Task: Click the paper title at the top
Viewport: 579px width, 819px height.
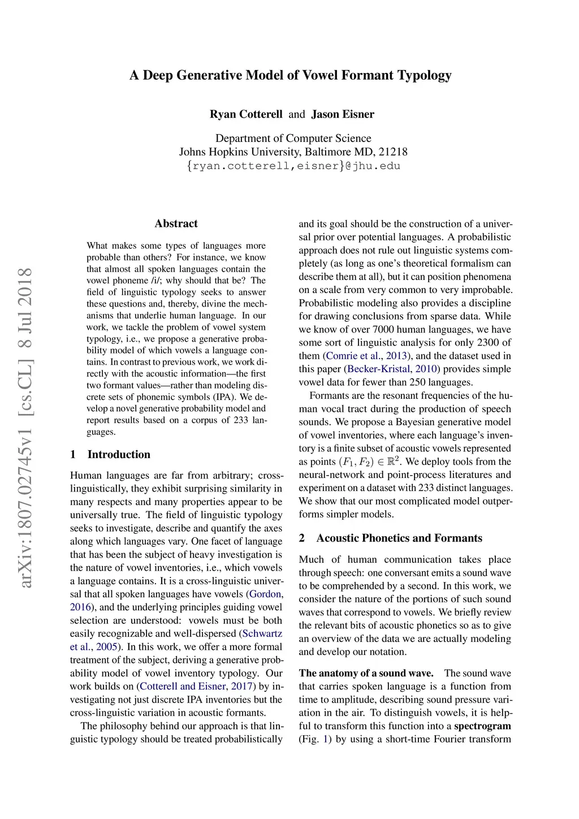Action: tap(291, 75)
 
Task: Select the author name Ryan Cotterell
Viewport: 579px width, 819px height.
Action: tap(246, 114)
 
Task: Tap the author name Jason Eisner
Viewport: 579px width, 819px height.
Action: tap(343, 114)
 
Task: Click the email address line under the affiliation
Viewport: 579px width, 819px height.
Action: tap(293, 166)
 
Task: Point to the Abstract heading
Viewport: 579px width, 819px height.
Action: tap(176, 223)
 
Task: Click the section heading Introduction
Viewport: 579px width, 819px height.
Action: tap(119, 454)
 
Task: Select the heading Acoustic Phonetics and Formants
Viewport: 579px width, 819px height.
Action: tap(399, 538)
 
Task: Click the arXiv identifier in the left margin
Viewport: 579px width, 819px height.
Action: tap(25, 428)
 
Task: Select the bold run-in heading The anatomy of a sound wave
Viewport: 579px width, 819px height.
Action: tap(366, 673)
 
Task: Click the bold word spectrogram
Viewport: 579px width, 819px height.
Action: tap(482, 726)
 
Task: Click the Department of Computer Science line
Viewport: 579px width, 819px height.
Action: tap(293, 139)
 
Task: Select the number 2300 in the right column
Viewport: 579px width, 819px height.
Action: tap(483, 342)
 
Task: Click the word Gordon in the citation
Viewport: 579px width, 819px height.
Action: tap(265, 594)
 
